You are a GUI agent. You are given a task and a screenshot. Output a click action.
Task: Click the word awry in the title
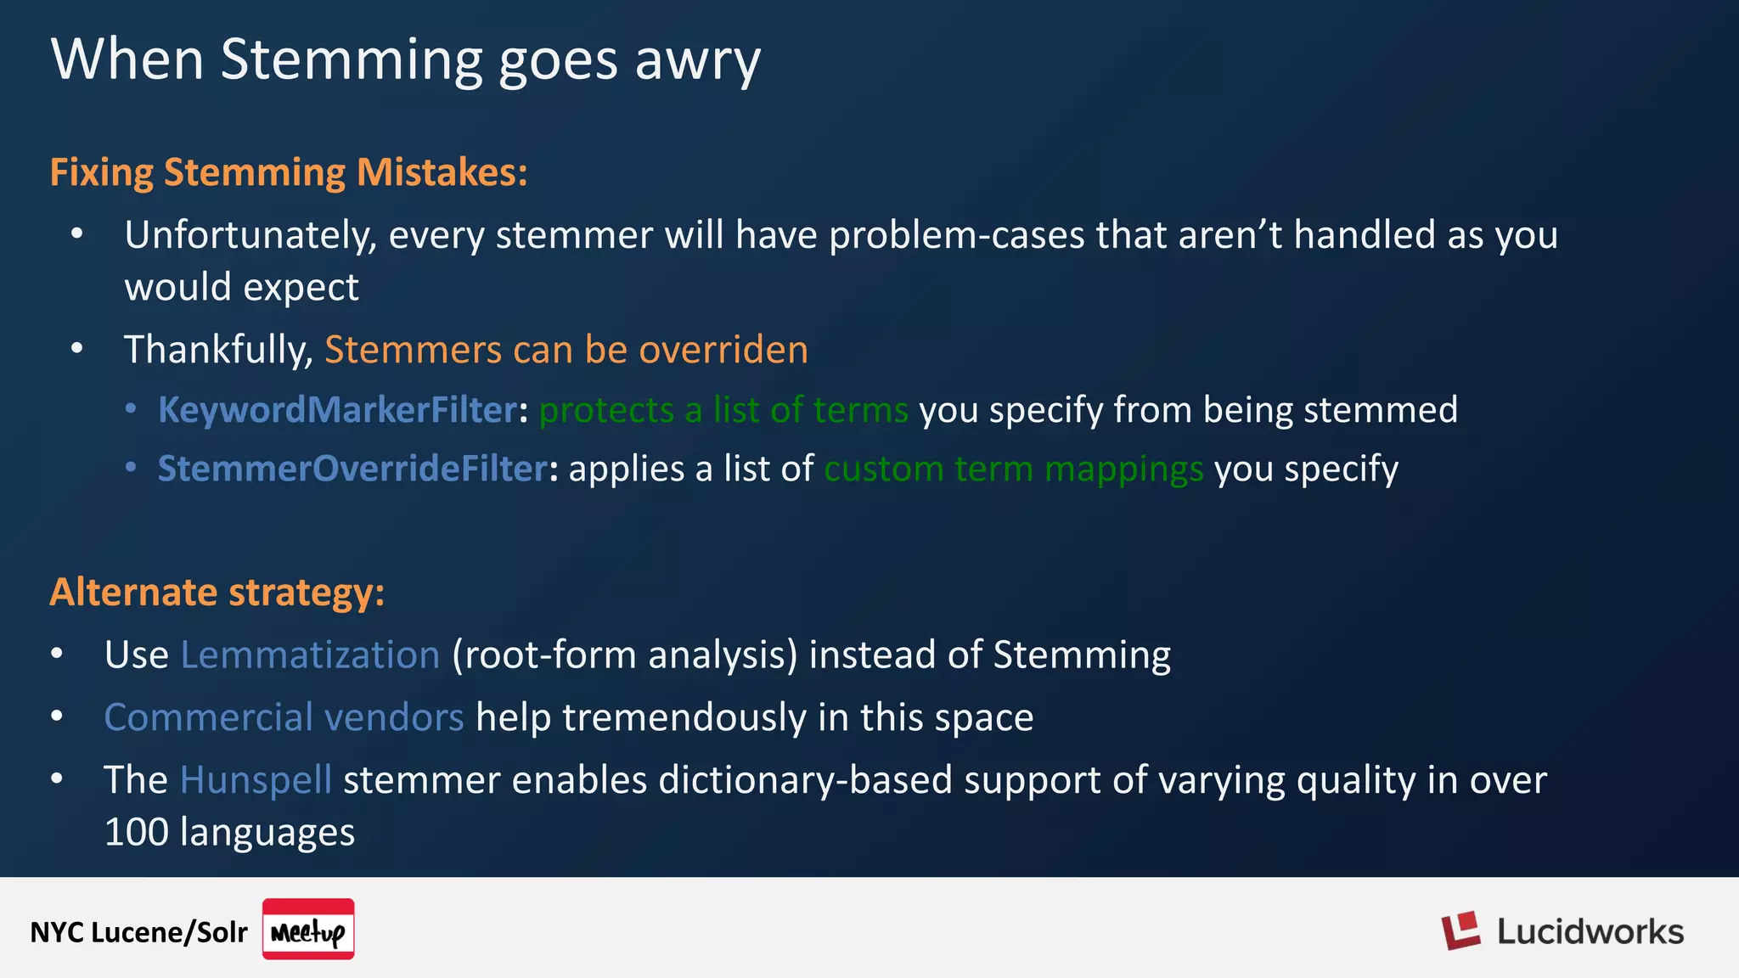click(697, 61)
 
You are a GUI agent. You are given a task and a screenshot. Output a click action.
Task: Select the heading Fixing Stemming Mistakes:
click(289, 172)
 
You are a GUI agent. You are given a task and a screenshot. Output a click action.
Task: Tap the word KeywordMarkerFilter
click(337, 410)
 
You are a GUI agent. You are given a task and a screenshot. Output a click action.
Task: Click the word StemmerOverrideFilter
click(352, 469)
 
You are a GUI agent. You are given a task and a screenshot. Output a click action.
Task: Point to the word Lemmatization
click(310, 655)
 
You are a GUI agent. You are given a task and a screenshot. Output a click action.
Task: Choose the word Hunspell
click(256, 779)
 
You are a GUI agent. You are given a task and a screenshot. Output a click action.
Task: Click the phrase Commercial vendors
click(284, 717)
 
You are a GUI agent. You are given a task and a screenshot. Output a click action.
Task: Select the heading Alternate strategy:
click(217, 592)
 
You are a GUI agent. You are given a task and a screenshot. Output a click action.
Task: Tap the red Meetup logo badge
click(308, 930)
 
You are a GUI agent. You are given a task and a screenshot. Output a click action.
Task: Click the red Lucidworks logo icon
click(1460, 931)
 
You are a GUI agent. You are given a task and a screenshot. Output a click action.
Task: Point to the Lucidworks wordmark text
click(1590, 932)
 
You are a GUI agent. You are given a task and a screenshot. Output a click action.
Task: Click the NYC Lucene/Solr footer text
click(138, 932)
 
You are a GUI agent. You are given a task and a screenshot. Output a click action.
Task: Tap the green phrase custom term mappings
click(1013, 469)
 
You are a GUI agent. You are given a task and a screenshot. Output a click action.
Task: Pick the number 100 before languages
click(136, 832)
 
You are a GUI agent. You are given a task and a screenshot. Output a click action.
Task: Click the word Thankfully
click(219, 350)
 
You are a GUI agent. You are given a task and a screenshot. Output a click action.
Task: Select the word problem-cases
click(957, 235)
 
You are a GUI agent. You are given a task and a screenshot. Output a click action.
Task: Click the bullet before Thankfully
click(77, 348)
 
